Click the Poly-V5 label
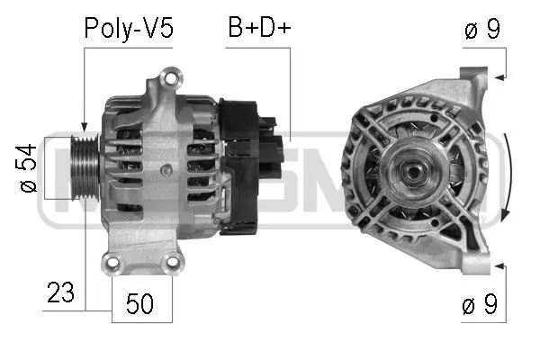[128, 29]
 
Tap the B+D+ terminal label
[258, 29]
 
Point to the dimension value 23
[60, 293]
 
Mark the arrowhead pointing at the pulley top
[84, 129]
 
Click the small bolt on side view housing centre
[165, 170]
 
